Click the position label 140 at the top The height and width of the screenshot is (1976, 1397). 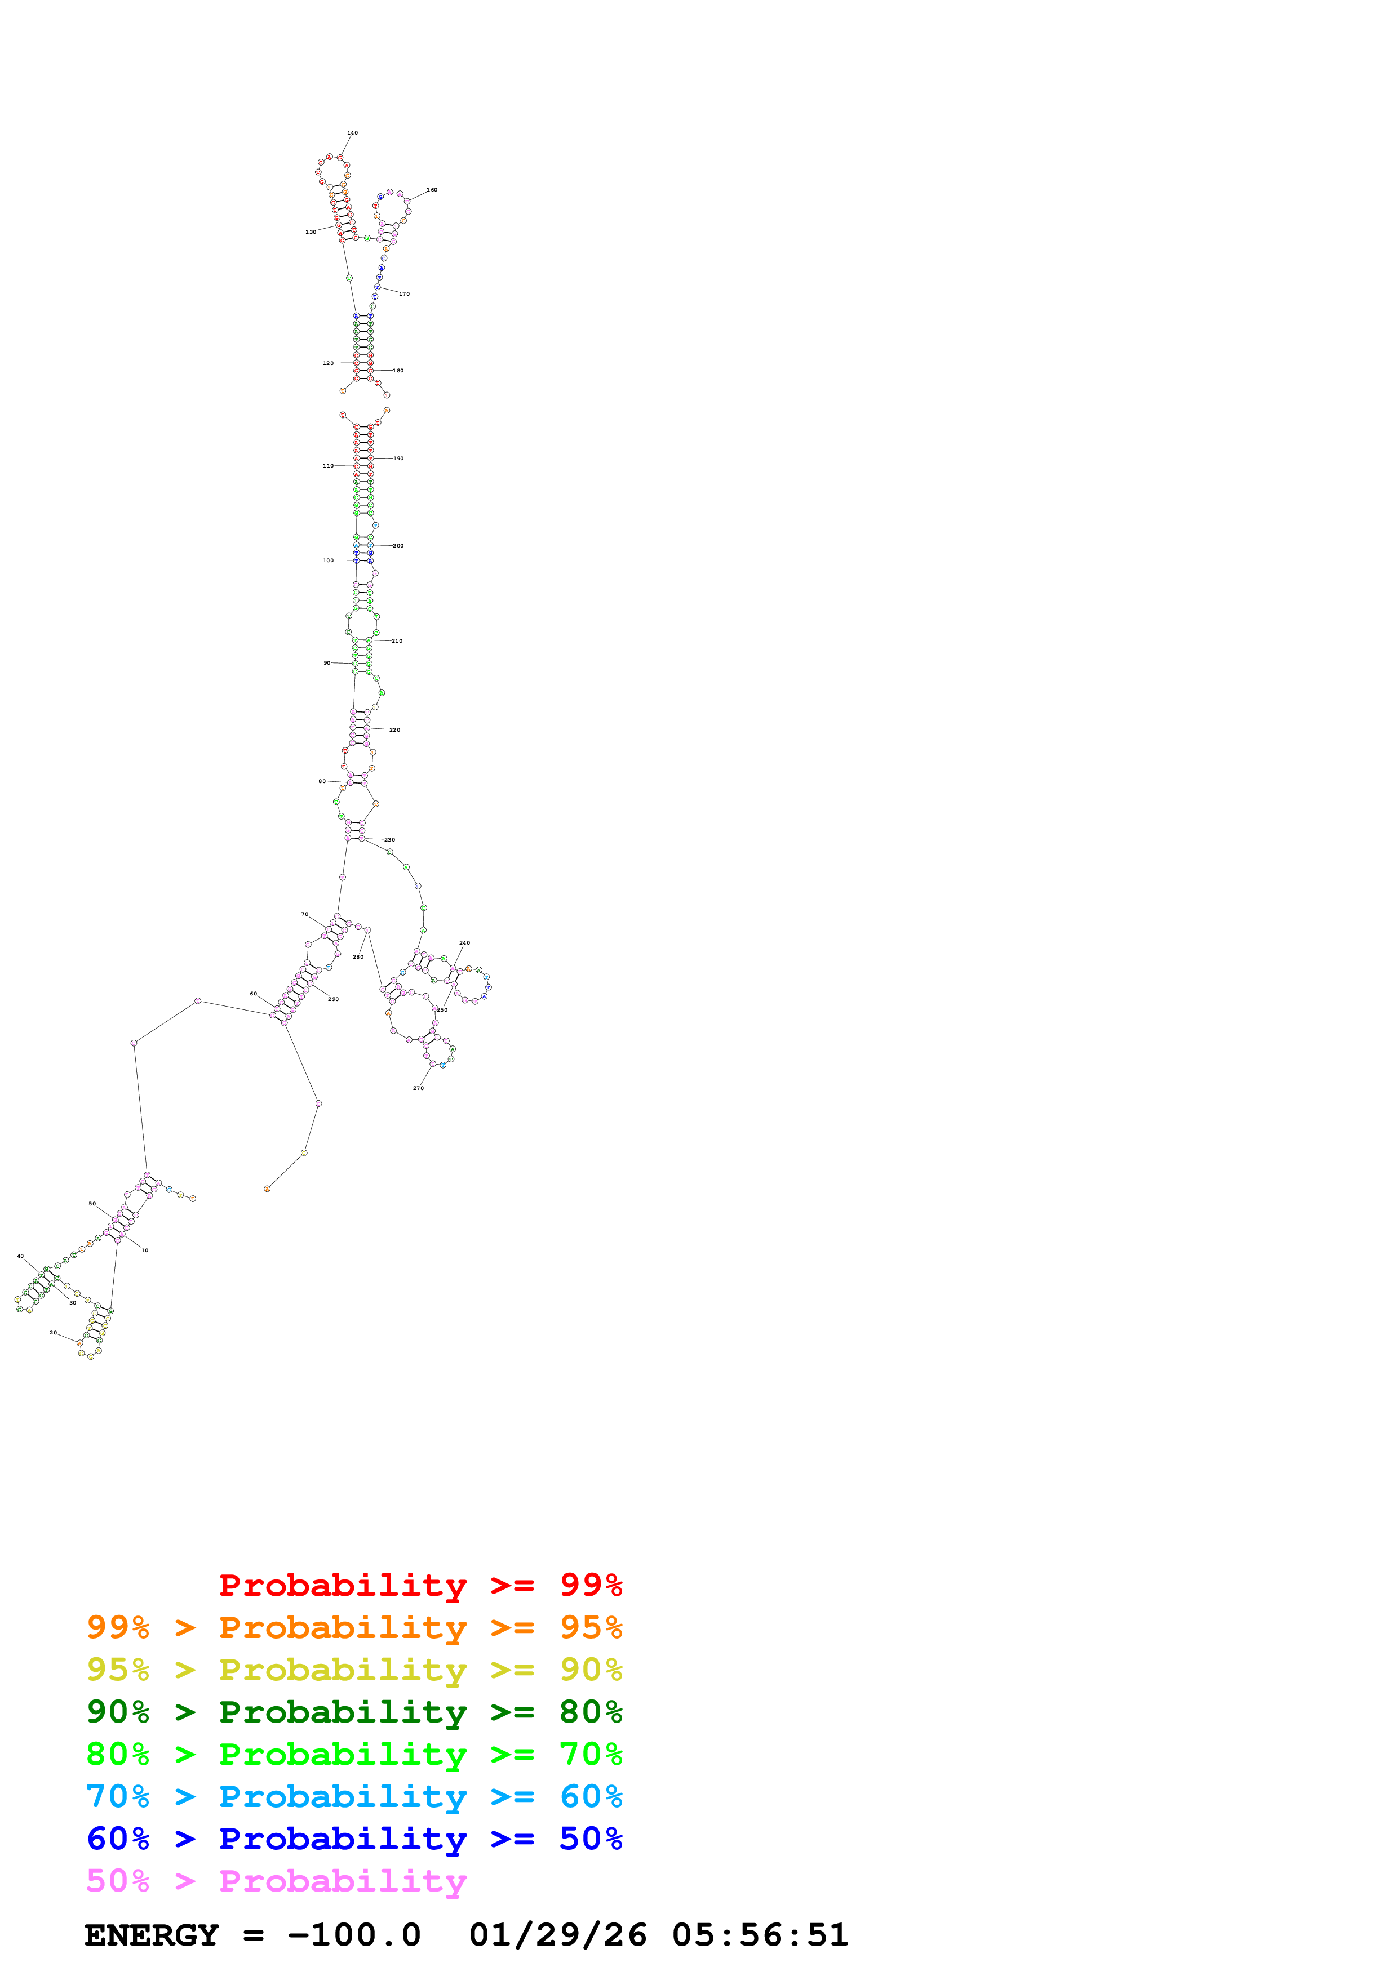point(352,133)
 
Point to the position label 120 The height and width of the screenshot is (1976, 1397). point(328,363)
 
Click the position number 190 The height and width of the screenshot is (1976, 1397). point(398,459)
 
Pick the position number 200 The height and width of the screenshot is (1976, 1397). point(398,546)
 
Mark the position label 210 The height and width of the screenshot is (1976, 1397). point(397,641)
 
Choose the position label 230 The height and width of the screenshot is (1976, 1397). point(390,840)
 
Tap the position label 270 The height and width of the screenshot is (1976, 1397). point(418,1089)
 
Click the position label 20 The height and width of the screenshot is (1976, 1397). point(52,1333)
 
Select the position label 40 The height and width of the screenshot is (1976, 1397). point(21,1257)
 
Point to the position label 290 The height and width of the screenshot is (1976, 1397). point(333,999)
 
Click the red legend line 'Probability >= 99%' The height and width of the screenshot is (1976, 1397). point(420,1585)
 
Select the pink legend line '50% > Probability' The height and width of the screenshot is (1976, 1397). point(276,1881)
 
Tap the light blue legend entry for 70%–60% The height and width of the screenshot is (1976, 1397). point(354,1797)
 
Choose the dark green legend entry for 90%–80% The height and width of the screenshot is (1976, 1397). point(354,1712)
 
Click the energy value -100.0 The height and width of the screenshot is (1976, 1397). point(354,1935)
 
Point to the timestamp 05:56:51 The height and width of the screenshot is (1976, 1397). point(760,1935)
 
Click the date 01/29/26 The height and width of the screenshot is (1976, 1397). point(558,1935)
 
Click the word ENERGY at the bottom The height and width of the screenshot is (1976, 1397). point(152,1935)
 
